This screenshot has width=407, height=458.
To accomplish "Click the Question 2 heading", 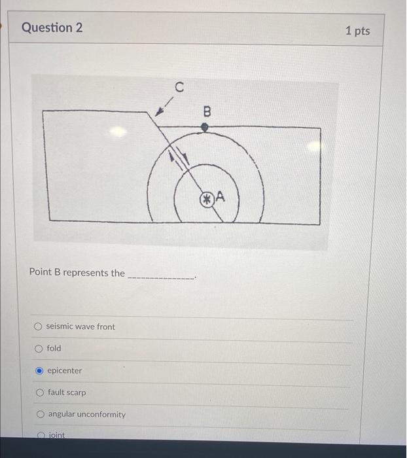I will click(x=52, y=27).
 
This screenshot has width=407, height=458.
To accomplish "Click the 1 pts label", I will click(x=357, y=31).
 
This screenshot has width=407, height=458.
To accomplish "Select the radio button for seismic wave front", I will click(x=39, y=326).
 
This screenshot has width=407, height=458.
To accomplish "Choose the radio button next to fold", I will click(x=39, y=349).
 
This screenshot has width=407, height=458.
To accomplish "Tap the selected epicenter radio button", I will click(x=39, y=371).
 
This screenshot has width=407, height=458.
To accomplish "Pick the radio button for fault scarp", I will click(x=39, y=393).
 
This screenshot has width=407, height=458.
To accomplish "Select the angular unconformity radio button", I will click(x=40, y=414).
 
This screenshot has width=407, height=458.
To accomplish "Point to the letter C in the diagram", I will click(x=179, y=86).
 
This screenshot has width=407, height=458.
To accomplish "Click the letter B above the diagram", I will click(x=207, y=111).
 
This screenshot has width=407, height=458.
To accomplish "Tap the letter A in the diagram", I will click(x=220, y=196).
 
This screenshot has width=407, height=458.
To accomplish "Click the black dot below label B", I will click(x=205, y=128).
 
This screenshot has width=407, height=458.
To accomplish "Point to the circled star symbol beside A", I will click(x=206, y=198).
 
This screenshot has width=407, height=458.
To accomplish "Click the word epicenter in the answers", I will click(x=65, y=370).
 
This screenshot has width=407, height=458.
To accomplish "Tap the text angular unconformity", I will click(x=86, y=414).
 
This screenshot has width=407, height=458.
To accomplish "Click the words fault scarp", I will click(x=66, y=393).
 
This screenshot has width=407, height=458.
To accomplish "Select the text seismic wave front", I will click(x=80, y=326).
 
